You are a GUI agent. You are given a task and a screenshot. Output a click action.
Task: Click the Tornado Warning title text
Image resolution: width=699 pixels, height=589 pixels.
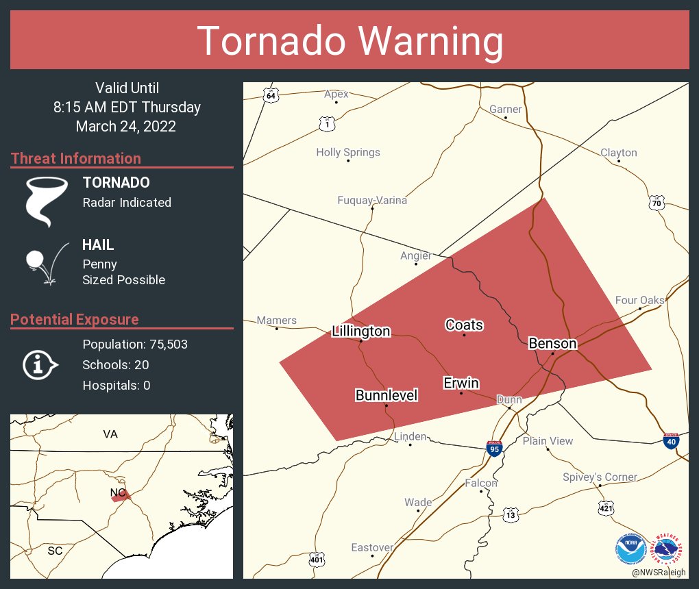point(349,41)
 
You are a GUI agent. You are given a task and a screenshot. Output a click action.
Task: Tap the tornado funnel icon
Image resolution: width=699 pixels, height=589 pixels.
point(46,201)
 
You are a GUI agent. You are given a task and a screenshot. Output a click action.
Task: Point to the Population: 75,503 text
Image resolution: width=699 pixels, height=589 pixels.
point(135,344)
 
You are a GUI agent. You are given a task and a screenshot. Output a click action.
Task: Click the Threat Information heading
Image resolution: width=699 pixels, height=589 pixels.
point(76,159)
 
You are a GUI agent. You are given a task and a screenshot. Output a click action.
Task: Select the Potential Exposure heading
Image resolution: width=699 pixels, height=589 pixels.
point(75,320)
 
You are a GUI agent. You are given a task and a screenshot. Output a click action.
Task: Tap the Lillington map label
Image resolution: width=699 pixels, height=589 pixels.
point(360,331)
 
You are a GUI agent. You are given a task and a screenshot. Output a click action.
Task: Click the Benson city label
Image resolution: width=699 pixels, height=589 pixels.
point(552,343)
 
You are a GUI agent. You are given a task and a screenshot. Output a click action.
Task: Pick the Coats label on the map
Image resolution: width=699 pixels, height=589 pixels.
point(464,325)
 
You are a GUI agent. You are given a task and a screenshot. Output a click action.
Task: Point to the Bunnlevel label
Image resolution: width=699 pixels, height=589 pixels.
point(387,395)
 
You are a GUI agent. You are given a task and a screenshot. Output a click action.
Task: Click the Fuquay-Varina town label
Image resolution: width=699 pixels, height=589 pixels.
point(372,201)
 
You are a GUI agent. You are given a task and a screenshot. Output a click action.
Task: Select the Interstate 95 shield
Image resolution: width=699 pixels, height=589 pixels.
point(494,449)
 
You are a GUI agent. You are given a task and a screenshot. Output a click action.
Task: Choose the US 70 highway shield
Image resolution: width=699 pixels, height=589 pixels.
point(657,202)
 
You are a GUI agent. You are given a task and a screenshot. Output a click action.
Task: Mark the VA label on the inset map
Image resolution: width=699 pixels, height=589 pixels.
point(110,434)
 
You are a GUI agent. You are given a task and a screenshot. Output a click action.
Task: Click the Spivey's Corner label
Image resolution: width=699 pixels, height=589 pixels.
point(600,477)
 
